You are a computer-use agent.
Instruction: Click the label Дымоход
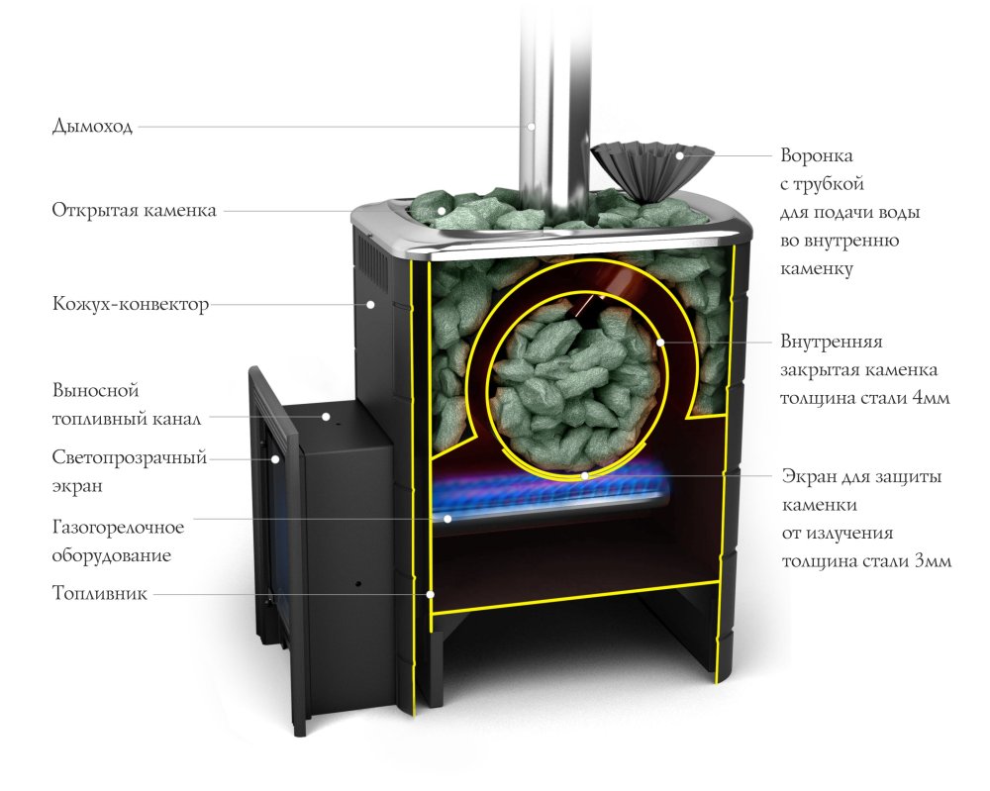tap(92, 127)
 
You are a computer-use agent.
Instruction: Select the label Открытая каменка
tap(134, 211)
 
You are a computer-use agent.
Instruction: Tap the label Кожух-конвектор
tap(130, 305)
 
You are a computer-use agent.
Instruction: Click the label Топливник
tap(99, 595)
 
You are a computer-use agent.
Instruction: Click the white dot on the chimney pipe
tap(532, 127)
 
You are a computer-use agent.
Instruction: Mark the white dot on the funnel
tap(680, 155)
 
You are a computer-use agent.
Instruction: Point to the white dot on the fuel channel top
tap(325, 418)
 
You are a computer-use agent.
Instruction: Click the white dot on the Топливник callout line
tap(430, 595)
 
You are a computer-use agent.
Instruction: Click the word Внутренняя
tap(831, 342)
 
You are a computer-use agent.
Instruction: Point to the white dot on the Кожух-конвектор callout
tap(370, 305)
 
